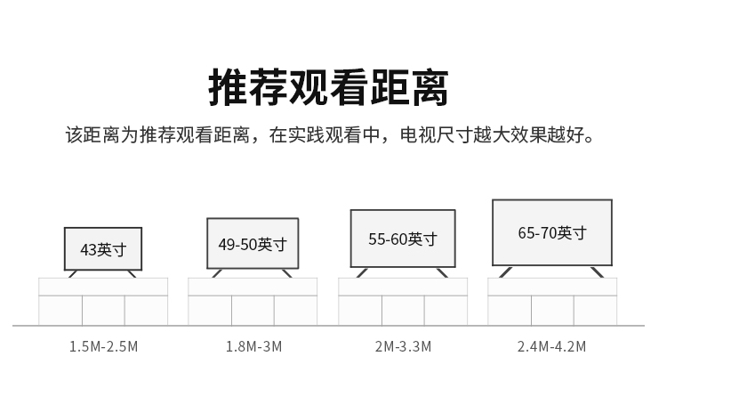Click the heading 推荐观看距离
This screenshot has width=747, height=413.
click(328, 87)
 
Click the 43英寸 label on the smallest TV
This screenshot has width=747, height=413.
click(102, 249)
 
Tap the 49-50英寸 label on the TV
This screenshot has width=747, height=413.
click(253, 244)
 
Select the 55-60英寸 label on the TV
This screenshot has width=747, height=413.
click(402, 239)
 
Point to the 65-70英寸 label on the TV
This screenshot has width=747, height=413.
click(552, 232)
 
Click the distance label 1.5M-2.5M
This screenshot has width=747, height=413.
click(104, 346)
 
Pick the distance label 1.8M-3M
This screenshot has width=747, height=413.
click(253, 346)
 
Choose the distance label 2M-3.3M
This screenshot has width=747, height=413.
click(403, 346)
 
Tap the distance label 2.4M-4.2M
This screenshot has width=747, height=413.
click(552, 346)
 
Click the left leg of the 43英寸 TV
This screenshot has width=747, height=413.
click(74, 273)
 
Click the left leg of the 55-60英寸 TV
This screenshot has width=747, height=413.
click(362, 272)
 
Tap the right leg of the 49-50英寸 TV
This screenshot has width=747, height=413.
click(286, 272)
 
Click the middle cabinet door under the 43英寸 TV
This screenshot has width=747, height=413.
click(103, 311)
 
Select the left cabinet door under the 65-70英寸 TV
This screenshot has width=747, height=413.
click(510, 311)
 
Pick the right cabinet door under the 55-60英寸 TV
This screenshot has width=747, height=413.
click(446, 311)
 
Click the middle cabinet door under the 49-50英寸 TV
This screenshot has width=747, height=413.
click(253, 311)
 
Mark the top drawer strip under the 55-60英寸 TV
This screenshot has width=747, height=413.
click(403, 287)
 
